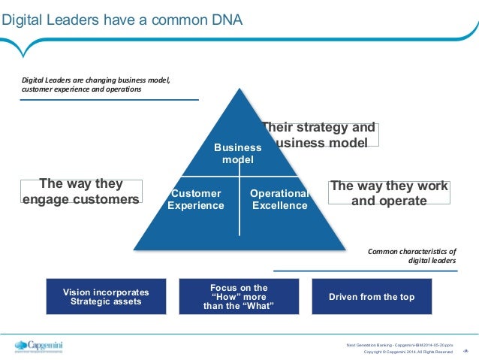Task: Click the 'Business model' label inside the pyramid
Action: [x=238, y=153]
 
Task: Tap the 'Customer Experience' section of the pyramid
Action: [x=195, y=199]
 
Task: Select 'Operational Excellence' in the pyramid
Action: [x=279, y=199]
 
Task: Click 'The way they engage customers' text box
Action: [x=81, y=192]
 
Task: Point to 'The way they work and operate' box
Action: [x=389, y=193]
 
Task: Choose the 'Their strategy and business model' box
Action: [x=319, y=135]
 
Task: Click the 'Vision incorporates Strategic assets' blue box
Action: [x=105, y=297]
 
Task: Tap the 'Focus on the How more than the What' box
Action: [x=239, y=297]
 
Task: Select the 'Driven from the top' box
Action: [x=372, y=297]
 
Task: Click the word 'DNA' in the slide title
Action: [x=225, y=19]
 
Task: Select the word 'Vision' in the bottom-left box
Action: [x=77, y=292]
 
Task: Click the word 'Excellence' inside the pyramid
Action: [x=279, y=205]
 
